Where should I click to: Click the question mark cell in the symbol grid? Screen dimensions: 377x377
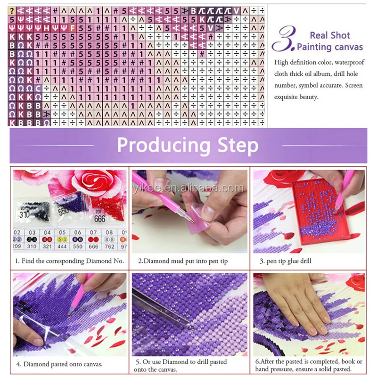pyautogui.click(x=12, y=10)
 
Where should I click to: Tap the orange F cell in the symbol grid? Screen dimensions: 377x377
pyautogui.click(x=72, y=28)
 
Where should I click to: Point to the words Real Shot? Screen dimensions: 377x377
pyautogui.click(x=330, y=35)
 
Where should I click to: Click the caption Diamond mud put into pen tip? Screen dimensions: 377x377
pyautogui.click(x=182, y=261)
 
